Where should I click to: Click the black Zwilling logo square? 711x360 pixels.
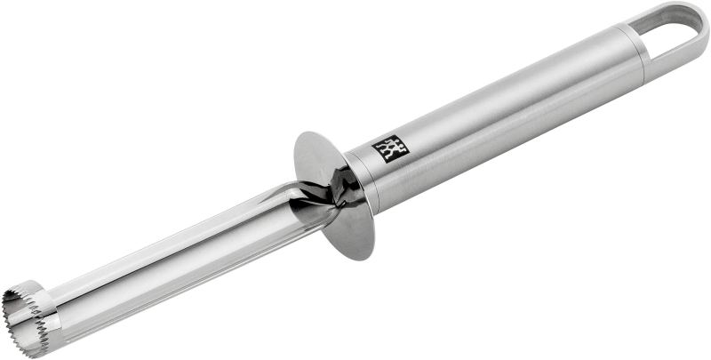pyautogui.click(x=387, y=148)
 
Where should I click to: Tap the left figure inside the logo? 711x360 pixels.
pyautogui.click(x=383, y=148)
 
